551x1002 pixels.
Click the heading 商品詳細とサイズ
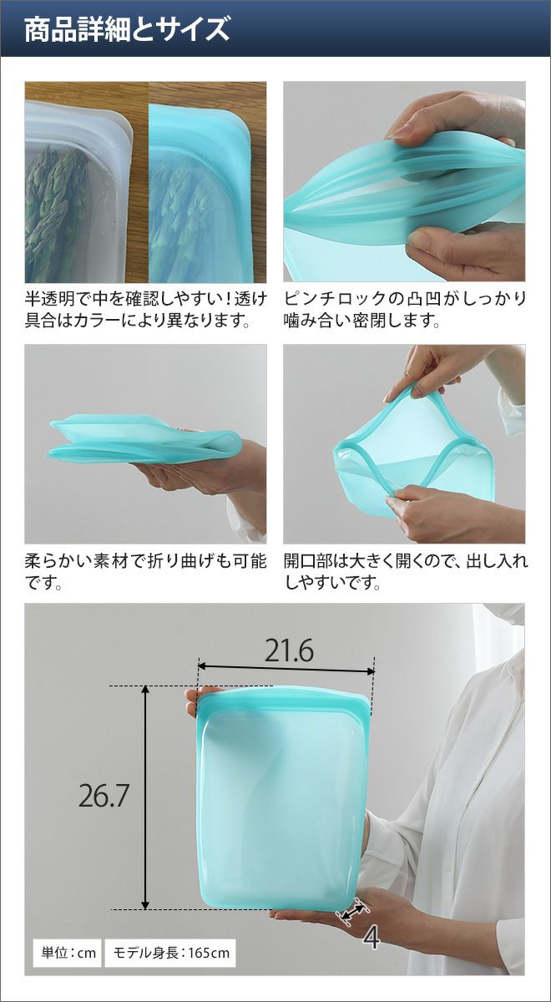127,29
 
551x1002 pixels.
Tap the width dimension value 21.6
289,651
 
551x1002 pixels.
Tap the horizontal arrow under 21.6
286,668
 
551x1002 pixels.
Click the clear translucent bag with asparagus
79,192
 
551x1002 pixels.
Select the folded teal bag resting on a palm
145,439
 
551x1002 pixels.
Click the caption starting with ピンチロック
405,309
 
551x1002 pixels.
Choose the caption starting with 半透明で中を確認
145,309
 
